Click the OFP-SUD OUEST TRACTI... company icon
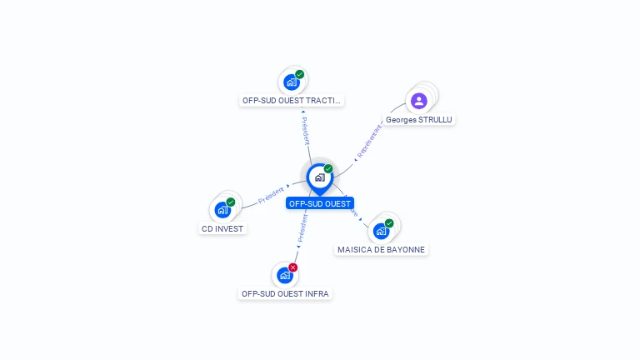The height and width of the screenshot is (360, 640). click(292, 82)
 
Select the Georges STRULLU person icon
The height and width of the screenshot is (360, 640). click(419, 101)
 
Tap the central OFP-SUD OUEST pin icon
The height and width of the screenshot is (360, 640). click(319, 177)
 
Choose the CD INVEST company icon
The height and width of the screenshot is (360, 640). click(222, 209)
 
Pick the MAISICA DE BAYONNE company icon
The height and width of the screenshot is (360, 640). click(381, 231)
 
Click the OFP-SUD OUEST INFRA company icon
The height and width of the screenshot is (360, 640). click(285, 275)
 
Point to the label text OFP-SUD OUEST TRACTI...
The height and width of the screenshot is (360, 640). click(291, 101)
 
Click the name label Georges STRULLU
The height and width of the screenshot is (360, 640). click(419, 120)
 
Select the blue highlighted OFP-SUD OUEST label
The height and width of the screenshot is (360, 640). click(320, 203)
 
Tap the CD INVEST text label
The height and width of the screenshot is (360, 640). click(222, 228)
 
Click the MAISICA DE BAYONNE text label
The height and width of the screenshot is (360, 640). click(382, 249)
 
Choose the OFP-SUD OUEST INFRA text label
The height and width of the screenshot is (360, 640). click(285, 293)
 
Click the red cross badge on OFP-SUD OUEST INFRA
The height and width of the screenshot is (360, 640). click(293, 267)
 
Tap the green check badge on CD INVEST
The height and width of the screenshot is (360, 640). click(231, 202)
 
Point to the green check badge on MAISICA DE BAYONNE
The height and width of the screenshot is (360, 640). click(389, 223)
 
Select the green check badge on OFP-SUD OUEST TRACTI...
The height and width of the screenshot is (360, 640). click(300, 74)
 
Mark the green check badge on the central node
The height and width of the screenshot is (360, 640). click(328, 169)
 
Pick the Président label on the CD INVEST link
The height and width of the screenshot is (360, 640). click(271, 195)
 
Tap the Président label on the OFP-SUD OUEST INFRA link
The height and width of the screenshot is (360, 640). click(302, 227)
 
